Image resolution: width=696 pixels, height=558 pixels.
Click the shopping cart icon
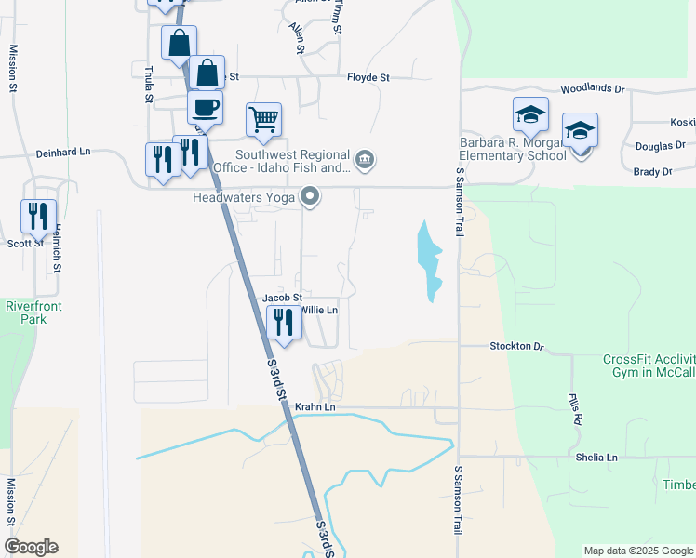tap(263, 119)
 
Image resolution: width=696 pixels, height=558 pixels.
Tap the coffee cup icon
tap(205, 106)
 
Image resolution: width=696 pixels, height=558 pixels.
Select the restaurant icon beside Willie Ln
tap(284, 322)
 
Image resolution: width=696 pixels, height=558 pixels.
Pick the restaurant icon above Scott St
tap(38, 216)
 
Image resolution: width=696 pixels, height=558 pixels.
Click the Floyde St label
tap(368, 78)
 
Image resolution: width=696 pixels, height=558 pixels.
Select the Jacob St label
tap(283, 298)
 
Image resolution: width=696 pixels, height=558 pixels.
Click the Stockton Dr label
tap(516, 346)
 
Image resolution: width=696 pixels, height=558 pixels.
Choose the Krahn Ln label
tap(315, 407)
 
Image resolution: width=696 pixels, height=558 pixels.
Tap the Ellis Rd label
tap(575, 408)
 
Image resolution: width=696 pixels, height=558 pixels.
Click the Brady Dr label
tap(652, 172)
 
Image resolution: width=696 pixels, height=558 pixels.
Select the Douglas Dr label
tap(660, 146)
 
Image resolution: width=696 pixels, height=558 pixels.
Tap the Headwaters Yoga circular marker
tap(310, 196)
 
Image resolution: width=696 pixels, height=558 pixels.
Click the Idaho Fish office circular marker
tap(366, 161)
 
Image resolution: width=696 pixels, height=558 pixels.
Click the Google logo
tap(31, 547)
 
